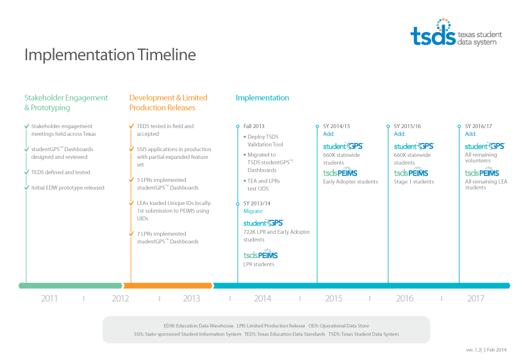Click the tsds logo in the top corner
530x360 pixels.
(456, 33)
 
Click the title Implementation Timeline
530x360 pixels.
(110, 54)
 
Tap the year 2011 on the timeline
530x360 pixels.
(49, 299)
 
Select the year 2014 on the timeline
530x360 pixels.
(263, 299)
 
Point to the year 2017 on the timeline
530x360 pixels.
(476, 299)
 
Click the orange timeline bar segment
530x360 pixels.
(168, 286)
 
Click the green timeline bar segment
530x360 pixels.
(70, 286)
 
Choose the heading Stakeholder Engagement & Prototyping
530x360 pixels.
(66, 102)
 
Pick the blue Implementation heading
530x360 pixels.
(262, 98)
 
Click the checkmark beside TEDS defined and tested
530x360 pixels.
(27, 172)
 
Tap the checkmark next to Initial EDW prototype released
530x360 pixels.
(27, 188)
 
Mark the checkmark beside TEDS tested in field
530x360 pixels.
(131, 126)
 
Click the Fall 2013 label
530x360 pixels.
(254, 126)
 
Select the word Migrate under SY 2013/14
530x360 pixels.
(253, 211)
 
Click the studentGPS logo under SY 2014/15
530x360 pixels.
(343, 146)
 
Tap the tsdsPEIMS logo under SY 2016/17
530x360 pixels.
(482, 172)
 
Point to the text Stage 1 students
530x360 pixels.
(414, 182)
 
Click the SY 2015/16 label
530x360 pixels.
(408, 126)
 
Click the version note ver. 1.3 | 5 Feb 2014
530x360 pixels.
(486, 350)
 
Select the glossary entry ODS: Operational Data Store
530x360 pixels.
(338, 326)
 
